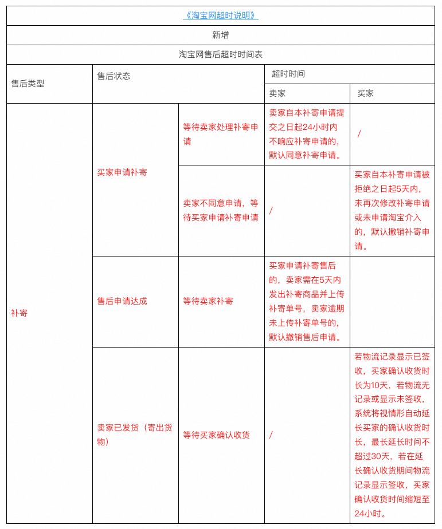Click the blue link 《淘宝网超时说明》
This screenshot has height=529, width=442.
point(221,16)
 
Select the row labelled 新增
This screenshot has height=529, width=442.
point(221,35)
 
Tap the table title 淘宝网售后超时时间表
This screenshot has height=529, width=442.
point(221,55)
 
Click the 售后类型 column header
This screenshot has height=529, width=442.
point(28,84)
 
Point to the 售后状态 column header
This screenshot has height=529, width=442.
point(114,76)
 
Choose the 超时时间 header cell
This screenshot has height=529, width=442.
point(288,74)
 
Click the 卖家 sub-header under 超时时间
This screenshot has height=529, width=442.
point(277,93)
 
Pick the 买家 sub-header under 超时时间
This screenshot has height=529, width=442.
point(365,93)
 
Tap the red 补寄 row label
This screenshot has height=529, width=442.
point(19,313)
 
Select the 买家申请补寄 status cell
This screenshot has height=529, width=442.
point(122,172)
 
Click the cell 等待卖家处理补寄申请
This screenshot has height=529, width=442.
point(221,134)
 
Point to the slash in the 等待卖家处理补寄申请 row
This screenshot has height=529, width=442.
point(359,134)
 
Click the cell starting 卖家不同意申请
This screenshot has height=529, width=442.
point(221,210)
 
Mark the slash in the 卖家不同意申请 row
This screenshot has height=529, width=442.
point(271,210)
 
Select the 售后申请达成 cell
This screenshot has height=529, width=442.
point(122,301)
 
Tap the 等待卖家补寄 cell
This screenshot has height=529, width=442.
point(208,301)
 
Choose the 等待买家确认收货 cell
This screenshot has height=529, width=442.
point(216,435)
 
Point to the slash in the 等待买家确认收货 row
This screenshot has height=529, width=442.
point(271,435)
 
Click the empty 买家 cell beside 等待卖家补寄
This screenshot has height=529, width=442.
point(392,301)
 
